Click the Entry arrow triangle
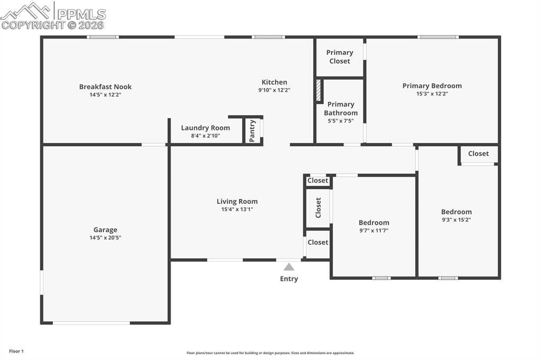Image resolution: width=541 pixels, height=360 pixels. click(289, 267)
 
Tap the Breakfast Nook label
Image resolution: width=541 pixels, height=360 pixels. click(105, 87)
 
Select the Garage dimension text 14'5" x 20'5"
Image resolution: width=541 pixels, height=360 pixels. click(105, 238)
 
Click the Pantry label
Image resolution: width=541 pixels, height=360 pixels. click(253, 130)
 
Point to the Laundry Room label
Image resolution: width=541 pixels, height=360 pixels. click(206, 128)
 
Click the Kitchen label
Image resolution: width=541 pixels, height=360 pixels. click(274, 82)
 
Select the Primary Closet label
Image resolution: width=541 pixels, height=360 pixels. click(340, 56)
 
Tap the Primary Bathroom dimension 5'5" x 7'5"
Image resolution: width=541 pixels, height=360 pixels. click(340, 121)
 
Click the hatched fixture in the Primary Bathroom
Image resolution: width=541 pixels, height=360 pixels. click(319, 91)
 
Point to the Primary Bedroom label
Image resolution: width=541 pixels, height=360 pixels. click(432, 86)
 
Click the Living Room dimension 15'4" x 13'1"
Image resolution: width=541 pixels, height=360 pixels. click(237, 209)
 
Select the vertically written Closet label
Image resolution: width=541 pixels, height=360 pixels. click(318, 207)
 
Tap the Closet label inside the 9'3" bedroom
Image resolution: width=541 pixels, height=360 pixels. click(478, 154)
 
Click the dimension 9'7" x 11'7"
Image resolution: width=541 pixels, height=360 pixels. click(374, 231)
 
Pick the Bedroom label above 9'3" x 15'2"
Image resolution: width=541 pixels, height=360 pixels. click(456, 212)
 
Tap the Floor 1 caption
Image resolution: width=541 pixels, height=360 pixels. click(16, 351)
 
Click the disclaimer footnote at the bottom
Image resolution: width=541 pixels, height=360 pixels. click(270, 353)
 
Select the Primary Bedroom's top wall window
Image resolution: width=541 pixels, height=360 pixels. click(438, 37)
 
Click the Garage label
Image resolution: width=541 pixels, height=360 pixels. click(105, 230)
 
